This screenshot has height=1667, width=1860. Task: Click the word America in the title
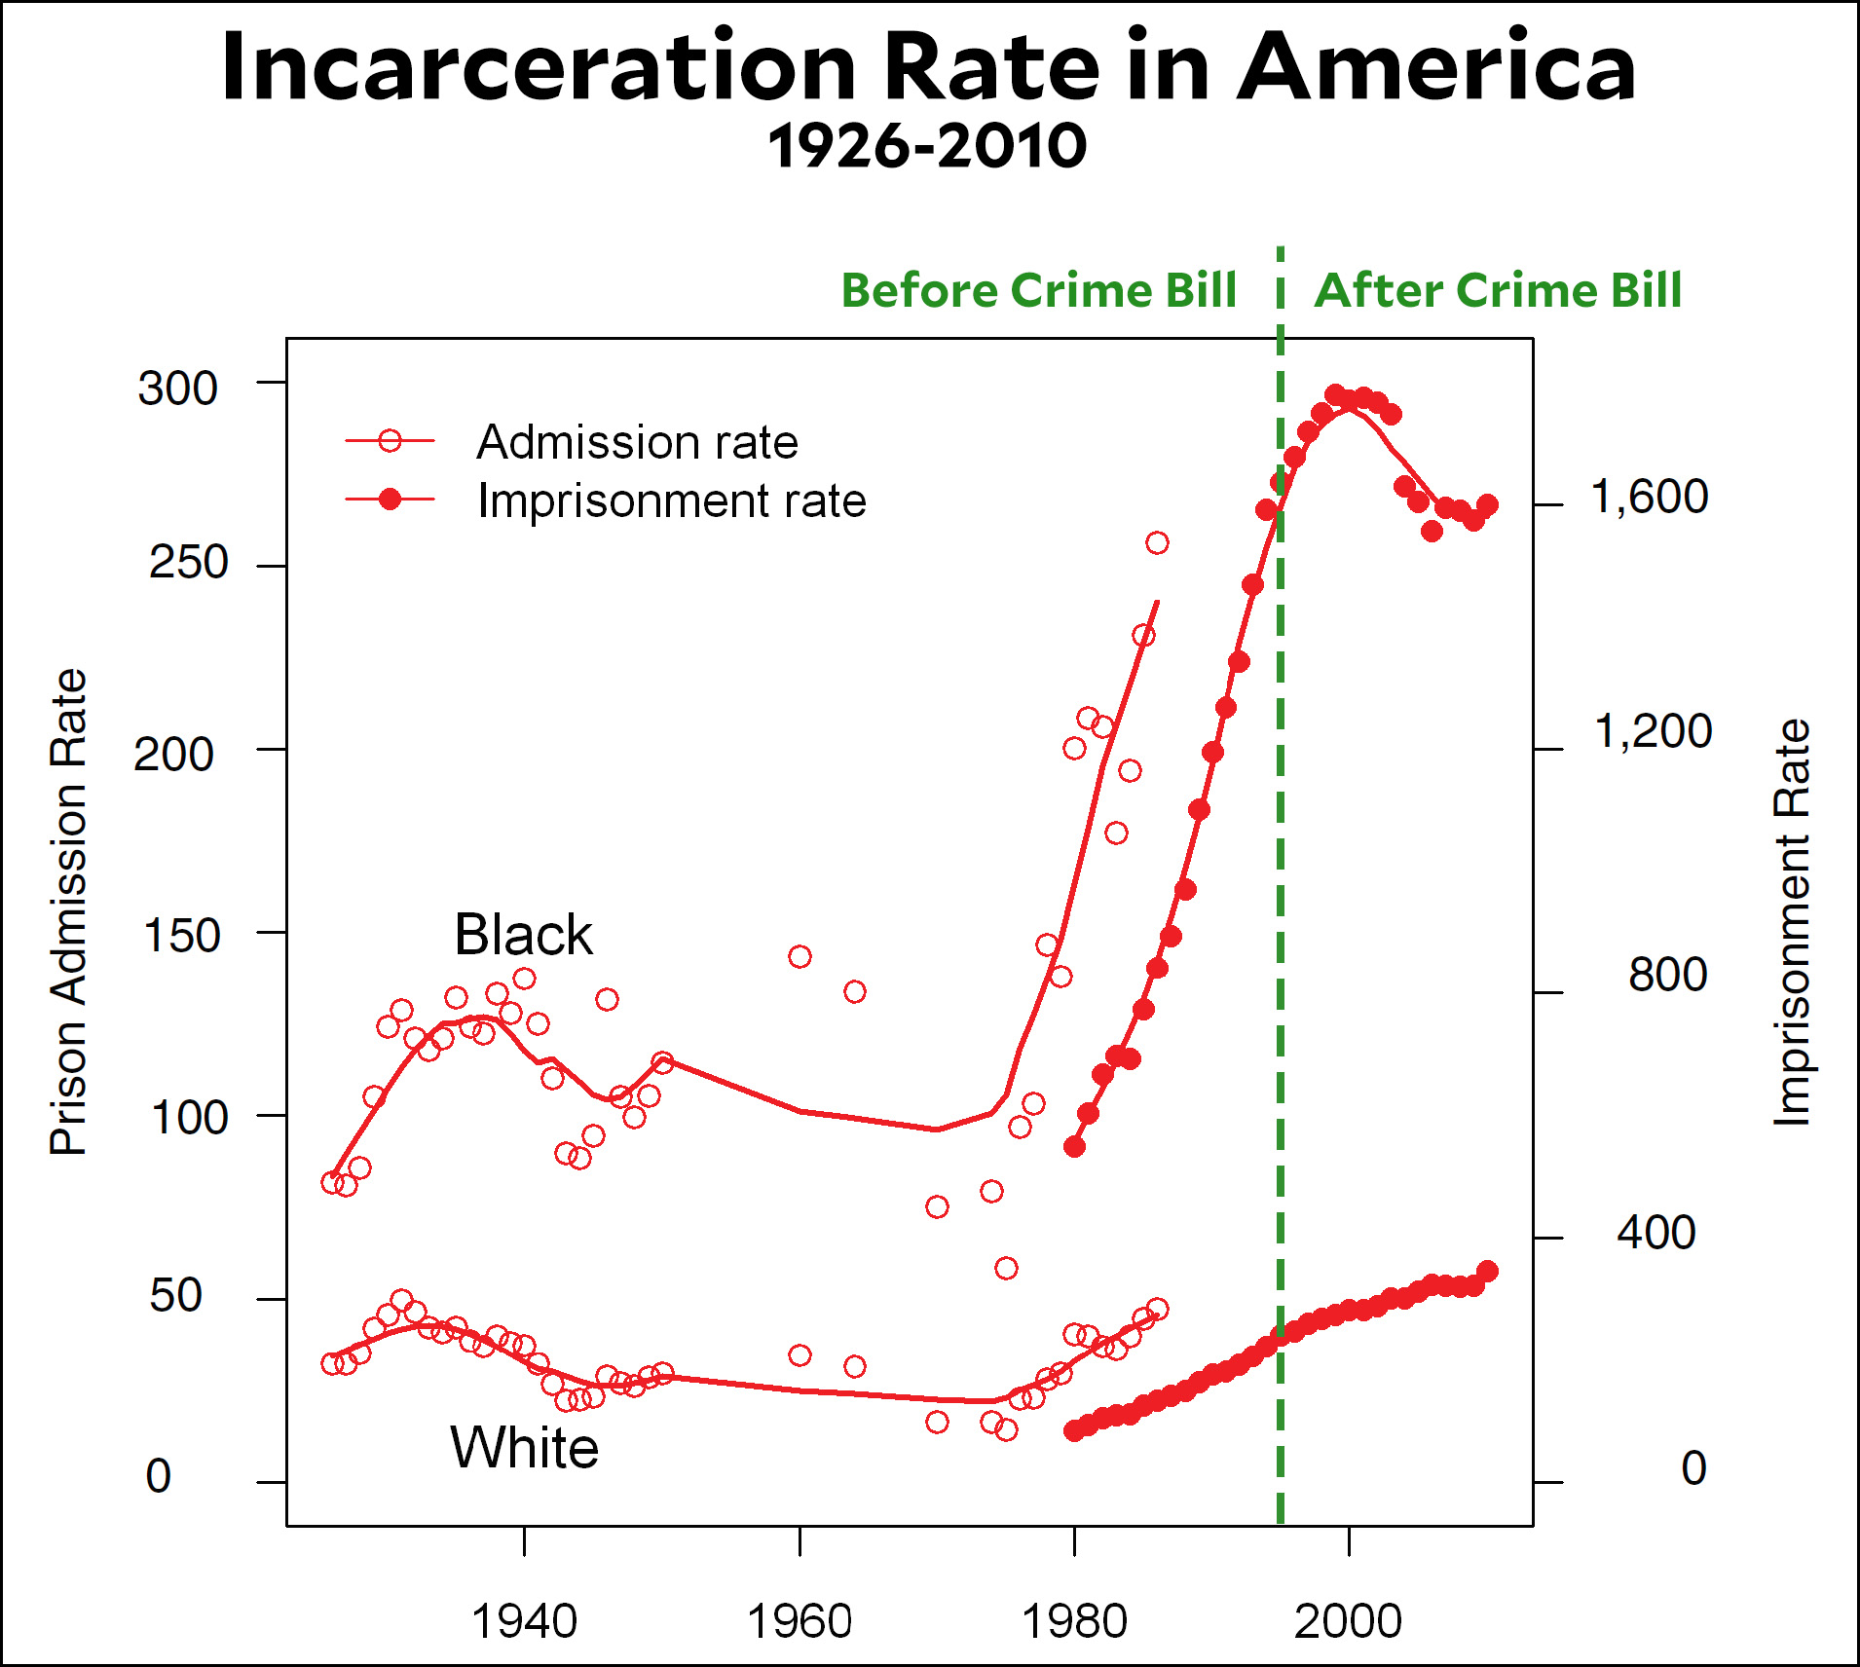coord(1436,68)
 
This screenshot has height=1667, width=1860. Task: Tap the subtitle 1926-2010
coord(926,147)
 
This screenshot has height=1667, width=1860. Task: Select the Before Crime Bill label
coord(1038,290)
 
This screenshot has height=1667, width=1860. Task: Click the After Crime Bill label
coord(1498,290)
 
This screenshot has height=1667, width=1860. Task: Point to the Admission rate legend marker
coord(390,441)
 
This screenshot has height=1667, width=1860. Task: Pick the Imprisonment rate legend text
coord(671,500)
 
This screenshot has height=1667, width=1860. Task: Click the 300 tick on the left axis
coord(177,389)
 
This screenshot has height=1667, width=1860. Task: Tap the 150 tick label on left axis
coord(181,936)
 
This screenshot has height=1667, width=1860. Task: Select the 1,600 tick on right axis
coord(1649,497)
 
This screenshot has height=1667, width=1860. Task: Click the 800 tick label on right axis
coord(1667,975)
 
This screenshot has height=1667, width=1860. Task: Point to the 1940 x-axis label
coord(524,1622)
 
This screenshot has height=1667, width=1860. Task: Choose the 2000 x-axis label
coord(1348,1622)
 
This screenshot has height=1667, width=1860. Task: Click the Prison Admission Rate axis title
coord(68,911)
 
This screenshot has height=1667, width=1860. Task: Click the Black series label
coord(523,935)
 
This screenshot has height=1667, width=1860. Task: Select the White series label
coord(524,1447)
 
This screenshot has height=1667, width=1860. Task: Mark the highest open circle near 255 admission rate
coord(1157,542)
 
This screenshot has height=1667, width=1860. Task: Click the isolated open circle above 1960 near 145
coord(800,956)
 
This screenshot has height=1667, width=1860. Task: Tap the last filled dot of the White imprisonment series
coord(1487,1271)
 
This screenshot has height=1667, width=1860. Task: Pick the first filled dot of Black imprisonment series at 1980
coord(1074,1146)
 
